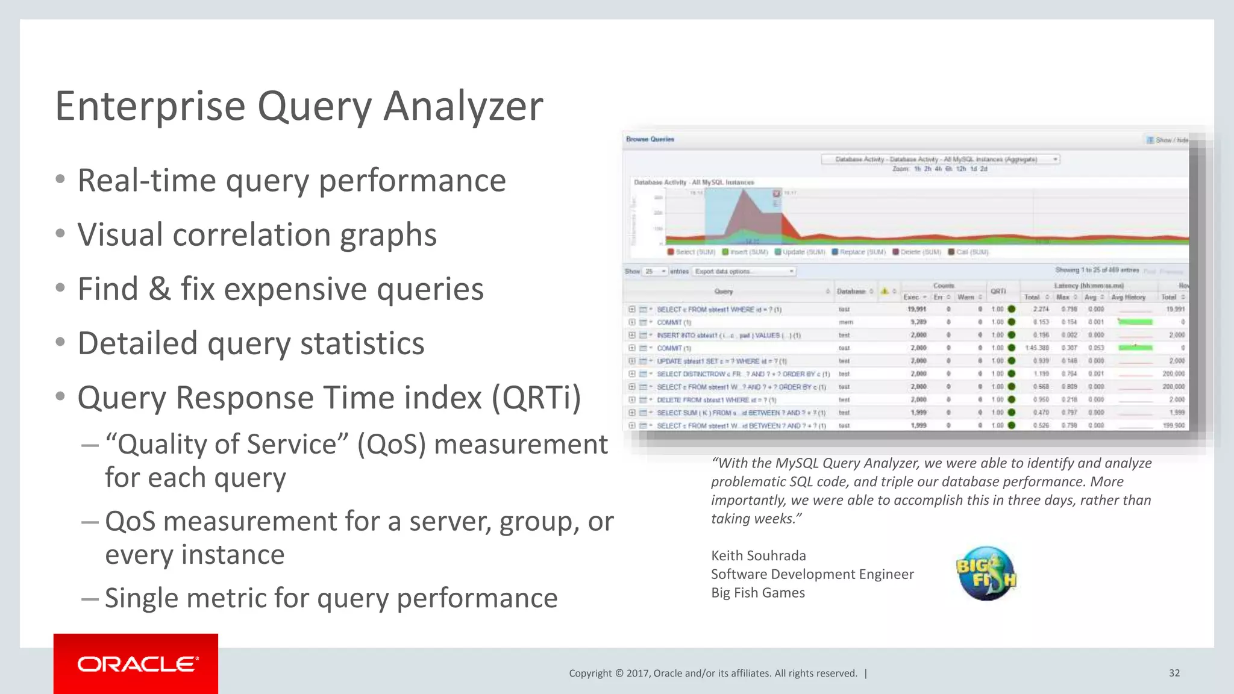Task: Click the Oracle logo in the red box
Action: pyautogui.click(x=137, y=664)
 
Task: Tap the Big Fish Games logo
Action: pyautogui.click(x=986, y=574)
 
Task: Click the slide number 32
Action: pyautogui.click(x=1174, y=673)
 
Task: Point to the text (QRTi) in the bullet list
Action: pyautogui.click(x=536, y=398)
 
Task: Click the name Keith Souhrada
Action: pyautogui.click(x=758, y=555)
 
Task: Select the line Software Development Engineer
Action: pyautogui.click(x=812, y=574)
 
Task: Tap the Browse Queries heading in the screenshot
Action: pyautogui.click(x=650, y=139)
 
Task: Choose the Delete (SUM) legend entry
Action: pyautogui.click(x=916, y=252)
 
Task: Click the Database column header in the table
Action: pyautogui.click(x=851, y=292)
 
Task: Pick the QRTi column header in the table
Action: pyautogui.click(x=998, y=292)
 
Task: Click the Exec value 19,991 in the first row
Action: pyautogui.click(x=916, y=309)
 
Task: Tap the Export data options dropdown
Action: pyautogui.click(x=744, y=272)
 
